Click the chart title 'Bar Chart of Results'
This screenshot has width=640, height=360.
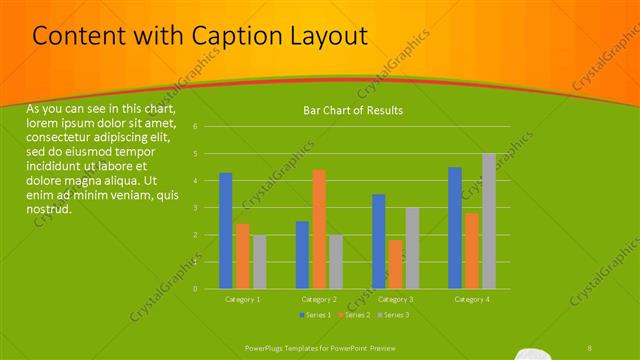click(353, 110)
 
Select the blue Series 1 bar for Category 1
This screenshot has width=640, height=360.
click(226, 230)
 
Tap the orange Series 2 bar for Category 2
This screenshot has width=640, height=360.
click(319, 229)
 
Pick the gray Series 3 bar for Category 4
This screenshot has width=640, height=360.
click(488, 221)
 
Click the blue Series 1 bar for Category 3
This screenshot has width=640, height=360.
click(378, 241)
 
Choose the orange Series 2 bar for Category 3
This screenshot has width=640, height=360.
click(395, 264)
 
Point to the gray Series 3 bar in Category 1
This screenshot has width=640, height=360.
click(260, 261)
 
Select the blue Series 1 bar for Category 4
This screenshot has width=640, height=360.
click(455, 227)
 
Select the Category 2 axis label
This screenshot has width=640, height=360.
click(319, 299)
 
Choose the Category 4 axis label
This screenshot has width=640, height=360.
click(471, 299)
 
